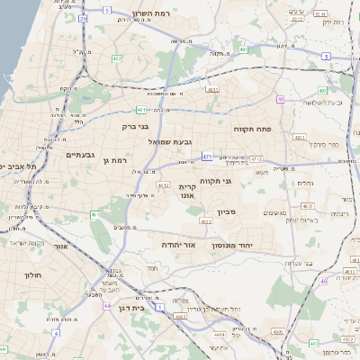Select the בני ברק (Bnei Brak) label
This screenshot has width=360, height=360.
click(x=159, y=127)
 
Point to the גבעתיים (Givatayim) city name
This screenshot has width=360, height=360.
click(x=82, y=154)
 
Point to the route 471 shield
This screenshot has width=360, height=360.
click(x=206, y=157)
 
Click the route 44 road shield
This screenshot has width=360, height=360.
click(x=106, y=306)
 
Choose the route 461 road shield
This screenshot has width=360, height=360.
click(x=95, y=214)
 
